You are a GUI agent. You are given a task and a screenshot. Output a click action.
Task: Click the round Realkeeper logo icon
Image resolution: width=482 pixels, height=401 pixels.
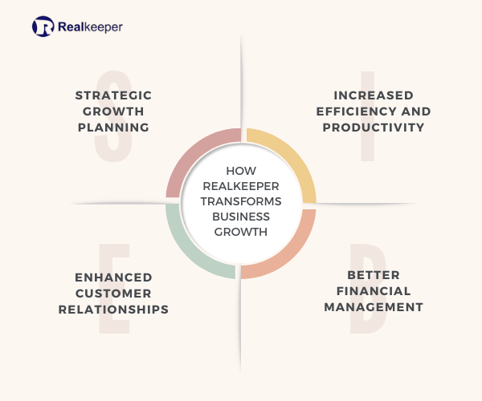43,26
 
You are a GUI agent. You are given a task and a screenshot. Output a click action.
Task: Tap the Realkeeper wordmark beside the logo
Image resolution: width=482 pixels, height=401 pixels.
90,27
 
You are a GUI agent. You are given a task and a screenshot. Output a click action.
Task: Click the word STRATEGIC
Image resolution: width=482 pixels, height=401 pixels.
113,95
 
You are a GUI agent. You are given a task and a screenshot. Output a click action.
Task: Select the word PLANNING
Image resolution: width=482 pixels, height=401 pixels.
113,128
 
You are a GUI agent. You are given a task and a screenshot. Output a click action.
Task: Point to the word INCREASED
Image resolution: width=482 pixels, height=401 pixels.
374,95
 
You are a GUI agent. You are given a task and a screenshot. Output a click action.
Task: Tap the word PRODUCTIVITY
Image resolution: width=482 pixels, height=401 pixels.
374,128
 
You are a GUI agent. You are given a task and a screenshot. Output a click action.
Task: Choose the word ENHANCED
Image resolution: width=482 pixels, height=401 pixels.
113,277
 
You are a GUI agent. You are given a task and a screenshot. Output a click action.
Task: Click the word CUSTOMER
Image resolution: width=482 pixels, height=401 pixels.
113,294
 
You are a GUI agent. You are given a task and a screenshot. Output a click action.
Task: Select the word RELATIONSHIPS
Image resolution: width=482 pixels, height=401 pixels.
113,310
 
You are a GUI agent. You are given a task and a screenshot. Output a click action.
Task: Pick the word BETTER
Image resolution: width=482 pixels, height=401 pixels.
374,275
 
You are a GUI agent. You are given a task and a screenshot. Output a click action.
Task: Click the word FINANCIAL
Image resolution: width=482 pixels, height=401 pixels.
374,291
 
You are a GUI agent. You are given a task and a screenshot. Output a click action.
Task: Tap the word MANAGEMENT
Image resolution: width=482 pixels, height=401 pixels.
374,307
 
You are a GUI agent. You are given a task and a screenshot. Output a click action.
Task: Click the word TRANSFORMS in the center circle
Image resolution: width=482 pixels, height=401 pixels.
241,201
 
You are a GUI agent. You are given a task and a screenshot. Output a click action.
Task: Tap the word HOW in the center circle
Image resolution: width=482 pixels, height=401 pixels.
241,171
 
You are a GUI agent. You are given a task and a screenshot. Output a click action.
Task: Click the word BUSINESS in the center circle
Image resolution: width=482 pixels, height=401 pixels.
241,217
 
